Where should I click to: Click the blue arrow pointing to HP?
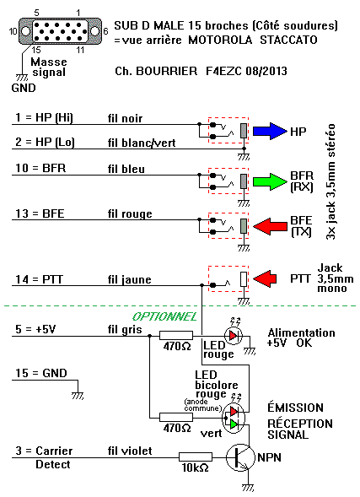click(x=270, y=131)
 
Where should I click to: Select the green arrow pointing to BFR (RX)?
click(x=270, y=181)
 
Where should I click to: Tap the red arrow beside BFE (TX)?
click(x=271, y=226)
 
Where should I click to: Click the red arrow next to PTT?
click(x=265, y=278)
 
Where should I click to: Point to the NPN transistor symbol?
click(x=240, y=457)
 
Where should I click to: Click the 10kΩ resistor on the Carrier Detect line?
click(x=196, y=456)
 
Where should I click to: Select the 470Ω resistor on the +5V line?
click(x=176, y=335)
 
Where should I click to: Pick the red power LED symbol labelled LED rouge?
click(x=234, y=335)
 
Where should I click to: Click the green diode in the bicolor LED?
click(x=234, y=424)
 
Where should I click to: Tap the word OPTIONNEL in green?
click(x=164, y=316)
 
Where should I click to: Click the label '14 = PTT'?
click(x=40, y=279)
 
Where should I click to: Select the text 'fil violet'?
click(x=130, y=451)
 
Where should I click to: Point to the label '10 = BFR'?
click(x=40, y=168)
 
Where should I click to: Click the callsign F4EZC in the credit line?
click(x=224, y=71)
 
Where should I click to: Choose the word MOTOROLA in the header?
click(x=220, y=40)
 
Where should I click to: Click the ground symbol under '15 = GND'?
click(x=78, y=395)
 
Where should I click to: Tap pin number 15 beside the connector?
click(x=36, y=50)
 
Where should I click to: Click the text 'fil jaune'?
click(x=130, y=279)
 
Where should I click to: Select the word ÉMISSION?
click(x=295, y=407)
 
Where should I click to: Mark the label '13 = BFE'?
click(x=40, y=213)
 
